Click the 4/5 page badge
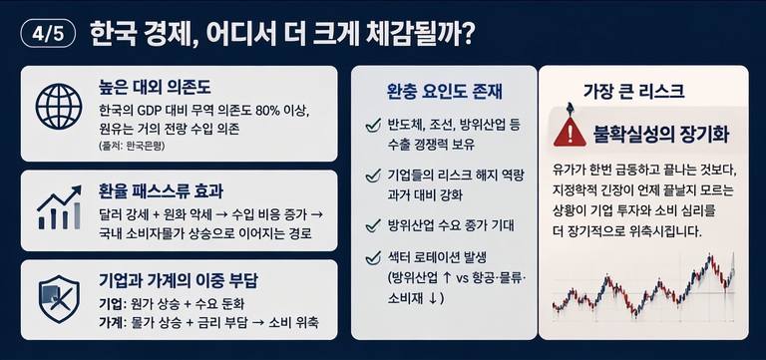48,36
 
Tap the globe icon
59,106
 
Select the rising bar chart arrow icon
59,207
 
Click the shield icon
59,299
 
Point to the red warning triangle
570,132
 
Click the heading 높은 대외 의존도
155,89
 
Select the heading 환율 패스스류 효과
161,192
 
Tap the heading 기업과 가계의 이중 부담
179,281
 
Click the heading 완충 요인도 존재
444,92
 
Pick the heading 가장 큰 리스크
633,92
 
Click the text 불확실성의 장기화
661,134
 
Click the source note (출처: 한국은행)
132,146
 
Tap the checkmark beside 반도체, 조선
373,126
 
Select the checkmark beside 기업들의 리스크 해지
373,176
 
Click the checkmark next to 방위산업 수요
373,225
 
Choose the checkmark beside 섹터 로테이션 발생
373,257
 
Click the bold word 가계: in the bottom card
113,323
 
